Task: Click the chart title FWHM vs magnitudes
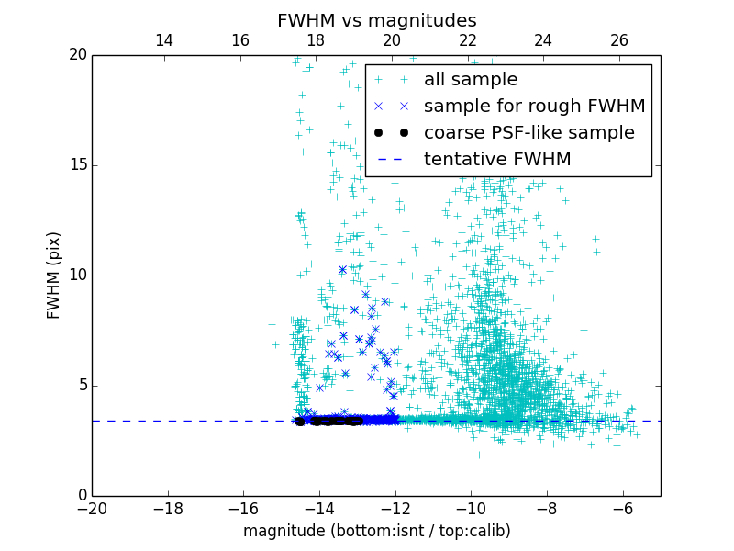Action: (376, 20)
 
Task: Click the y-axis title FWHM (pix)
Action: (54, 275)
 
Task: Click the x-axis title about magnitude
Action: (376, 531)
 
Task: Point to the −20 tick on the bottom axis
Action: (92, 508)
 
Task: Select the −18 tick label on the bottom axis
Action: (168, 508)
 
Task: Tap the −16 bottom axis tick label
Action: (243, 508)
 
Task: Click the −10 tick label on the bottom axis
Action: (471, 508)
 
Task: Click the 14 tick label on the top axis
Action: (164, 40)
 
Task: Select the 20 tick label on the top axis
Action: (392, 40)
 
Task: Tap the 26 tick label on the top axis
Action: (619, 40)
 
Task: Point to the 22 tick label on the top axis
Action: (468, 40)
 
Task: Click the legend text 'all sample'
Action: (470, 80)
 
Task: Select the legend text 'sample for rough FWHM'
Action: (534, 107)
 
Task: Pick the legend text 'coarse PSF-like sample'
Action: (528, 133)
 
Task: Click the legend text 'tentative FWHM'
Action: (497, 160)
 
